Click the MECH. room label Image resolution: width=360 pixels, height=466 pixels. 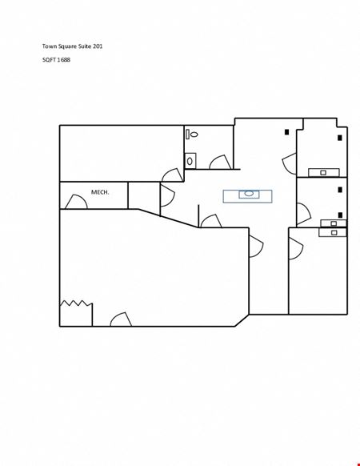click(x=100, y=192)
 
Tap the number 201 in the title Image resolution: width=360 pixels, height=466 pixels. click(x=98, y=46)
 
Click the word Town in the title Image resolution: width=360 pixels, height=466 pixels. click(x=50, y=46)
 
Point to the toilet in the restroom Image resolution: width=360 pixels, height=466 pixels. click(x=192, y=135)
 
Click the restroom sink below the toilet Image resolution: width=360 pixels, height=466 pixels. click(x=190, y=161)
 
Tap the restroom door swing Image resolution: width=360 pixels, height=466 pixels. click(x=220, y=163)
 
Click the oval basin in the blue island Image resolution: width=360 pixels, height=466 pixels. click(x=249, y=194)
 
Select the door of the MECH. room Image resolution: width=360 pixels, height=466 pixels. click(x=76, y=202)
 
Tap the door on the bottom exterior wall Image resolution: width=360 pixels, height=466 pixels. click(x=121, y=319)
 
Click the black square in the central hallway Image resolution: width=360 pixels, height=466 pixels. click(x=286, y=132)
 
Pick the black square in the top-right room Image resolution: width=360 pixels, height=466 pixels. click(x=340, y=138)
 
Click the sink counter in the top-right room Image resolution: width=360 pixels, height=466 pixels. click(x=324, y=172)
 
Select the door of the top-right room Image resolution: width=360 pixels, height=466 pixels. click(x=289, y=164)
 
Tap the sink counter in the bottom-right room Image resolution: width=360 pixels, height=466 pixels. click(x=333, y=232)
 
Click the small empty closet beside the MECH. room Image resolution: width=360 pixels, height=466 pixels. click(x=144, y=195)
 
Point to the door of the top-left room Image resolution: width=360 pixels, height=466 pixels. click(x=173, y=175)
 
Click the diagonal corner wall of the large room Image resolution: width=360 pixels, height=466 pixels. click(x=242, y=320)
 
